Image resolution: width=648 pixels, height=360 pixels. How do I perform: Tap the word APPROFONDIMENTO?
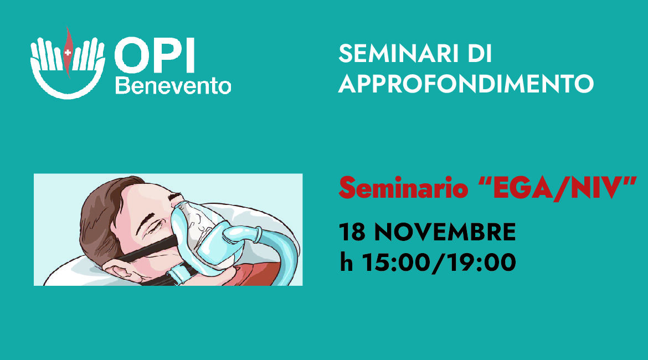point(466,84)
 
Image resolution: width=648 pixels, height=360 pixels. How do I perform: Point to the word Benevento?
point(173,86)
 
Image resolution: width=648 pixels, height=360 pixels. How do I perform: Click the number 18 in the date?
point(352,232)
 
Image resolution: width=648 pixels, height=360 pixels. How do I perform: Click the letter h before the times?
point(346,262)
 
